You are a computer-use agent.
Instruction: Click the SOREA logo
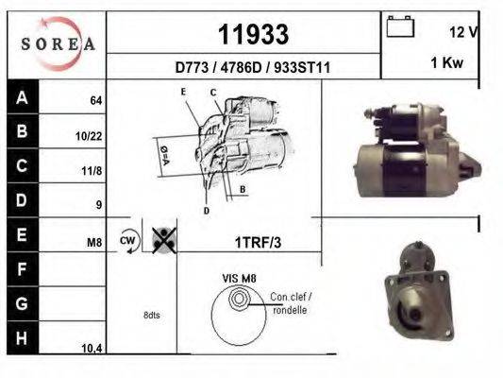[57, 43]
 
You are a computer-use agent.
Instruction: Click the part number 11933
[253, 34]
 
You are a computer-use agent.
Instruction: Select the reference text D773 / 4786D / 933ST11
[252, 68]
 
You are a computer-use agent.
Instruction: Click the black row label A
[21, 96]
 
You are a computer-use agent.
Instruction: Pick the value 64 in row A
[95, 100]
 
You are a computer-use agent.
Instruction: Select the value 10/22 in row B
[89, 135]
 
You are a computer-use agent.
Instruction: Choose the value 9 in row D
[98, 205]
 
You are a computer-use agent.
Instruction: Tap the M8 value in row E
[94, 243]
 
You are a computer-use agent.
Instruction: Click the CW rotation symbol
[128, 241]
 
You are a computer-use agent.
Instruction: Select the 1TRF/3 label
[258, 242]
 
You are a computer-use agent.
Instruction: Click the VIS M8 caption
[239, 278]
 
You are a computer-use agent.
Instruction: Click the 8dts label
[151, 315]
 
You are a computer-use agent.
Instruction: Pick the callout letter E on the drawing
[184, 91]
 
